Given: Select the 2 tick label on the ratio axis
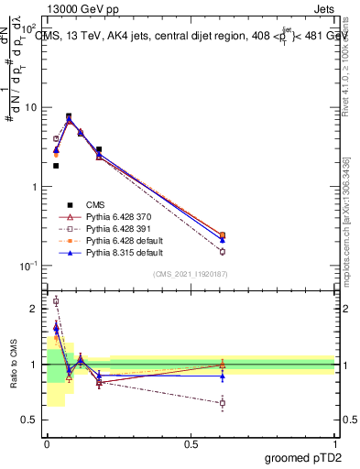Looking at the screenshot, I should (35, 310).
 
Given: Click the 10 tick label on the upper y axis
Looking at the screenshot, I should (31, 107).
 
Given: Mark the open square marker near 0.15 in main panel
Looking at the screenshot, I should (223, 251).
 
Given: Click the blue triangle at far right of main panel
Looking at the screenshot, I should (223, 240).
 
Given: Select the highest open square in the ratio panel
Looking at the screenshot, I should (56, 300).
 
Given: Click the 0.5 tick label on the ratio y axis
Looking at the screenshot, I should (31, 420).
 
